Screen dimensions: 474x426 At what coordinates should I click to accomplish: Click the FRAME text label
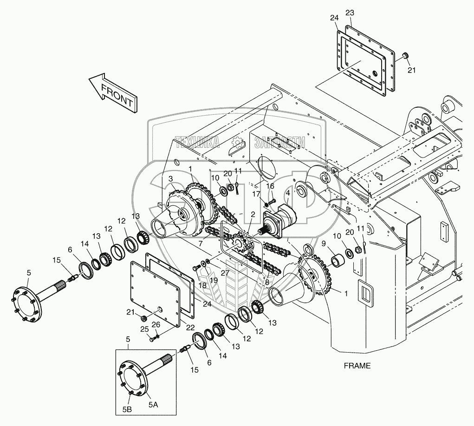(x=357, y=366)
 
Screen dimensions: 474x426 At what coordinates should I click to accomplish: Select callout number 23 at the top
(x=350, y=13)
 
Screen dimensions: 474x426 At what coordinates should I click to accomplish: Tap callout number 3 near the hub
(x=171, y=178)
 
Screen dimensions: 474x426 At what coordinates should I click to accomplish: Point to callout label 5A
(x=153, y=404)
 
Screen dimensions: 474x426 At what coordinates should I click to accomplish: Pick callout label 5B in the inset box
(x=127, y=409)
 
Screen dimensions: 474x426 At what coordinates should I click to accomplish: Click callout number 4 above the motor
(x=288, y=192)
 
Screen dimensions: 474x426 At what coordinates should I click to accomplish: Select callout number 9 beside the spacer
(x=324, y=243)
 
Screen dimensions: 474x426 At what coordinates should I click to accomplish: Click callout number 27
(x=225, y=272)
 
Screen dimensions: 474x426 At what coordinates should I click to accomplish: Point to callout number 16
(x=270, y=186)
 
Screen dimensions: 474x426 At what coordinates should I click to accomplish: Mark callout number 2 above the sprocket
(x=253, y=215)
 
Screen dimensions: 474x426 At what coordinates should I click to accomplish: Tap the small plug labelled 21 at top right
(x=404, y=56)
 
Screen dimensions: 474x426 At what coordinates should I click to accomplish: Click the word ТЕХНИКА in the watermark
(x=197, y=142)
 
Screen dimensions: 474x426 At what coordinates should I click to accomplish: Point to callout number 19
(x=214, y=280)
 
